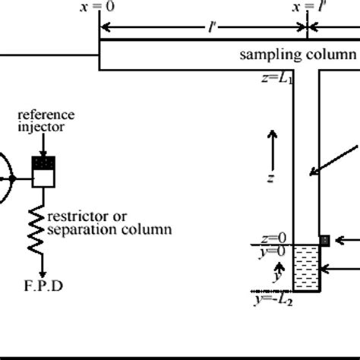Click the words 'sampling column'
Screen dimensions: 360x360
(x=298, y=54)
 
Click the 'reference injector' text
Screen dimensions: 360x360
(x=48, y=121)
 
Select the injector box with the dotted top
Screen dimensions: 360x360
(x=43, y=173)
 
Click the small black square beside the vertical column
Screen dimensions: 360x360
(x=324, y=240)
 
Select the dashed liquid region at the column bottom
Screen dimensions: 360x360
(x=307, y=267)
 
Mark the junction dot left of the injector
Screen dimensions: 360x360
(x=13, y=178)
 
